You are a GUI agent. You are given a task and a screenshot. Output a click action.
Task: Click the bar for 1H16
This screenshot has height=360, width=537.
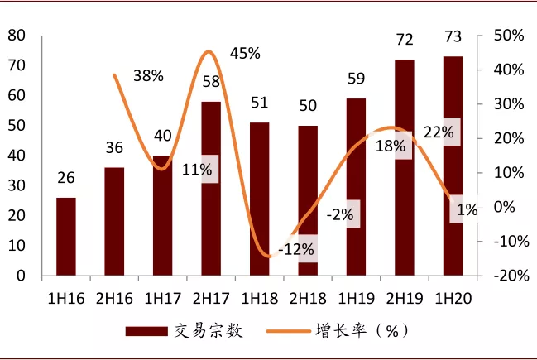tap(66, 237)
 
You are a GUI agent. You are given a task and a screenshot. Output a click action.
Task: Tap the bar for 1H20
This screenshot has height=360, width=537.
tap(453, 166)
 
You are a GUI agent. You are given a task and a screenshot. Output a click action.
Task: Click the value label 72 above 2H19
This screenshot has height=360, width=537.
tap(405, 40)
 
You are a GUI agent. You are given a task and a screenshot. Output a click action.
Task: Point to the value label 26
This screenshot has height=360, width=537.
tap(66, 178)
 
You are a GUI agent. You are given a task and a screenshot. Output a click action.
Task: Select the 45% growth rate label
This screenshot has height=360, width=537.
tap(245, 54)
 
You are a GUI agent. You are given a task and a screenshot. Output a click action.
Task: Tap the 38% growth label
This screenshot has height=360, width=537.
tap(148, 76)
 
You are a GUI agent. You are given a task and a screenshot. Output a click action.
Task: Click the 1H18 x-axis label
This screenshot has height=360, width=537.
tap(259, 295)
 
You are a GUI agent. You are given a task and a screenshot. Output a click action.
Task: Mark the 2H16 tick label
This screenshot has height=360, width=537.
tap(114, 295)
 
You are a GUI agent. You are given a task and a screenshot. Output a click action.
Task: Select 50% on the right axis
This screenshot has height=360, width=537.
tap(508, 36)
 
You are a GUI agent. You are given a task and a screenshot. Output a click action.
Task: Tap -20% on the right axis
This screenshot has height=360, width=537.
tap(506, 276)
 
